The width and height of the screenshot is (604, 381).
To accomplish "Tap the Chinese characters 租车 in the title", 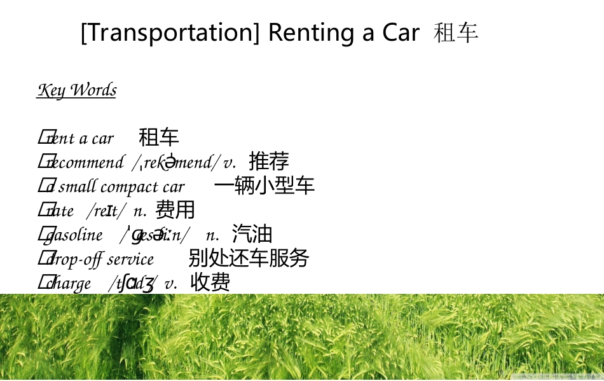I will (456, 32).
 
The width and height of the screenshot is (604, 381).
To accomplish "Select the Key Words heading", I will (77, 90).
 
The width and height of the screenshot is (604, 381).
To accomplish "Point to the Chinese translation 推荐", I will (269, 162).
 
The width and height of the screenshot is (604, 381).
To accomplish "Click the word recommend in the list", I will (85, 163).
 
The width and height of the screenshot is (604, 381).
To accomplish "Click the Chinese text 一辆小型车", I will (264, 185).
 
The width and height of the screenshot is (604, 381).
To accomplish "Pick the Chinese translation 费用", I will (175, 209).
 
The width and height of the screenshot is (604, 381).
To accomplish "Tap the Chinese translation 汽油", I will (252, 234).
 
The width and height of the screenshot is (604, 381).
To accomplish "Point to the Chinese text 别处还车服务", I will (249, 258).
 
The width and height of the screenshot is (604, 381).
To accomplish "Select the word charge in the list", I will (69, 284).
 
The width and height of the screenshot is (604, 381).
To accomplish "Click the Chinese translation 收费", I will (210, 282).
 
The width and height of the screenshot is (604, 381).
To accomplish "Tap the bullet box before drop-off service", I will (43, 258).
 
